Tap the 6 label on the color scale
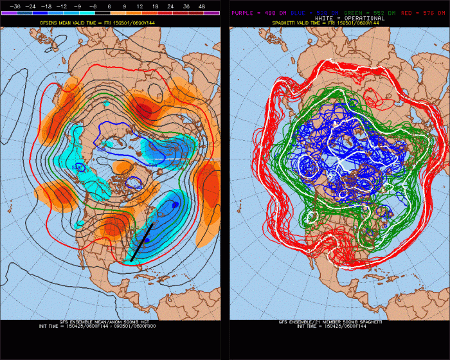(109, 5)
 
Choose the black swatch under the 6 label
(109, 12)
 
